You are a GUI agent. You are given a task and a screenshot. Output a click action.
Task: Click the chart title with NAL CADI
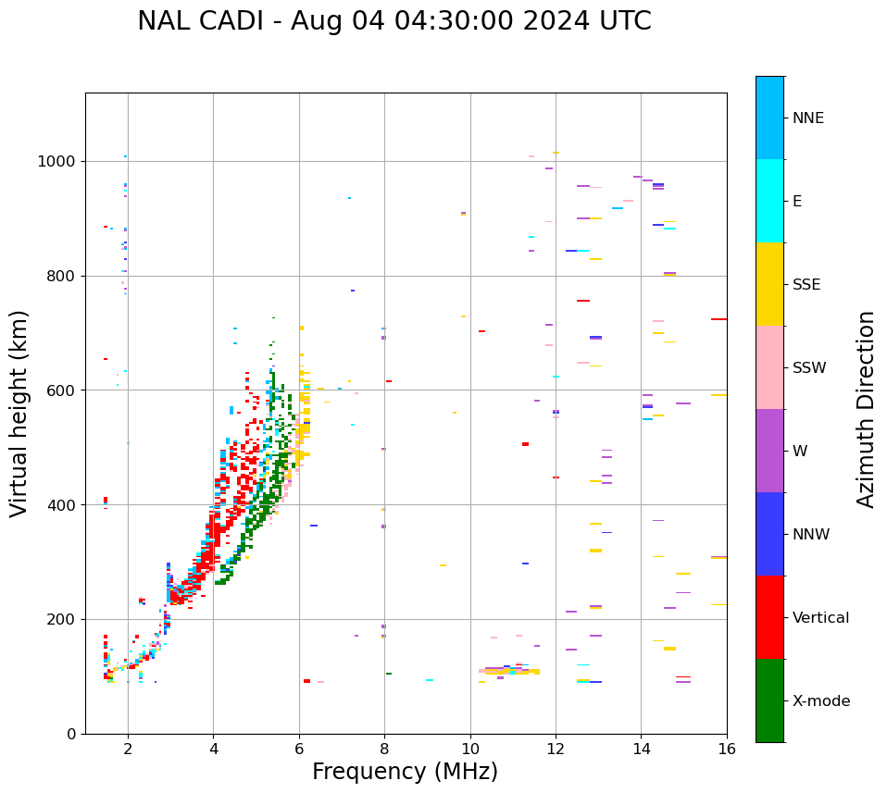(x=394, y=21)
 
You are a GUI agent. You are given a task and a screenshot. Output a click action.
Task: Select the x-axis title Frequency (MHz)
(x=405, y=772)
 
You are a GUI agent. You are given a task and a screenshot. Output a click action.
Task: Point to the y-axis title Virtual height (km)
(x=19, y=414)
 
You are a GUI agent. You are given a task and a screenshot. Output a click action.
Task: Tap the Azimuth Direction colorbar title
(x=866, y=409)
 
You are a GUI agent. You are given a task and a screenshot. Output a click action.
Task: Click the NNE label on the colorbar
(x=807, y=118)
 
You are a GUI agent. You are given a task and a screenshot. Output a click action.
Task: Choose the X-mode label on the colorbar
(x=821, y=701)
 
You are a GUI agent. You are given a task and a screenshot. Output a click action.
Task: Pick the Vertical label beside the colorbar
(x=820, y=618)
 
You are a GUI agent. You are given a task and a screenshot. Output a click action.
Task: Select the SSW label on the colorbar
(x=809, y=368)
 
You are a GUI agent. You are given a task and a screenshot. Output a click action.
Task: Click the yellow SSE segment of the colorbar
(x=769, y=284)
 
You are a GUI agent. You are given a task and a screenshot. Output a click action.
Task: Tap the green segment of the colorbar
(x=769, y=700)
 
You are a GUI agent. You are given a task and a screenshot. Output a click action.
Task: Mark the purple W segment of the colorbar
(x=769, y=451)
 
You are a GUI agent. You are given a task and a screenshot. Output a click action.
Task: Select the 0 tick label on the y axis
(x=72, y=734)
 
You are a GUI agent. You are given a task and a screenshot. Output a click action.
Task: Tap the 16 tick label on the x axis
(x=727, y=749)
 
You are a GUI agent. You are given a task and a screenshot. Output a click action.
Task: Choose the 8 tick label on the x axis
(x=384, y=749)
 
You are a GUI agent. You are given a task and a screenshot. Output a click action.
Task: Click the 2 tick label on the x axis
(x=128, y=749)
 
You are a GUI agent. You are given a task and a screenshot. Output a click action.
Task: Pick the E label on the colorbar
(x=797, y=202)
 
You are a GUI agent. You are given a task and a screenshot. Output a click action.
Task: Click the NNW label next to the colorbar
(x=811, y=535)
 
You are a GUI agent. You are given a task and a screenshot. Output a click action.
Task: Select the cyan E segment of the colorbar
(x=769, y=201)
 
